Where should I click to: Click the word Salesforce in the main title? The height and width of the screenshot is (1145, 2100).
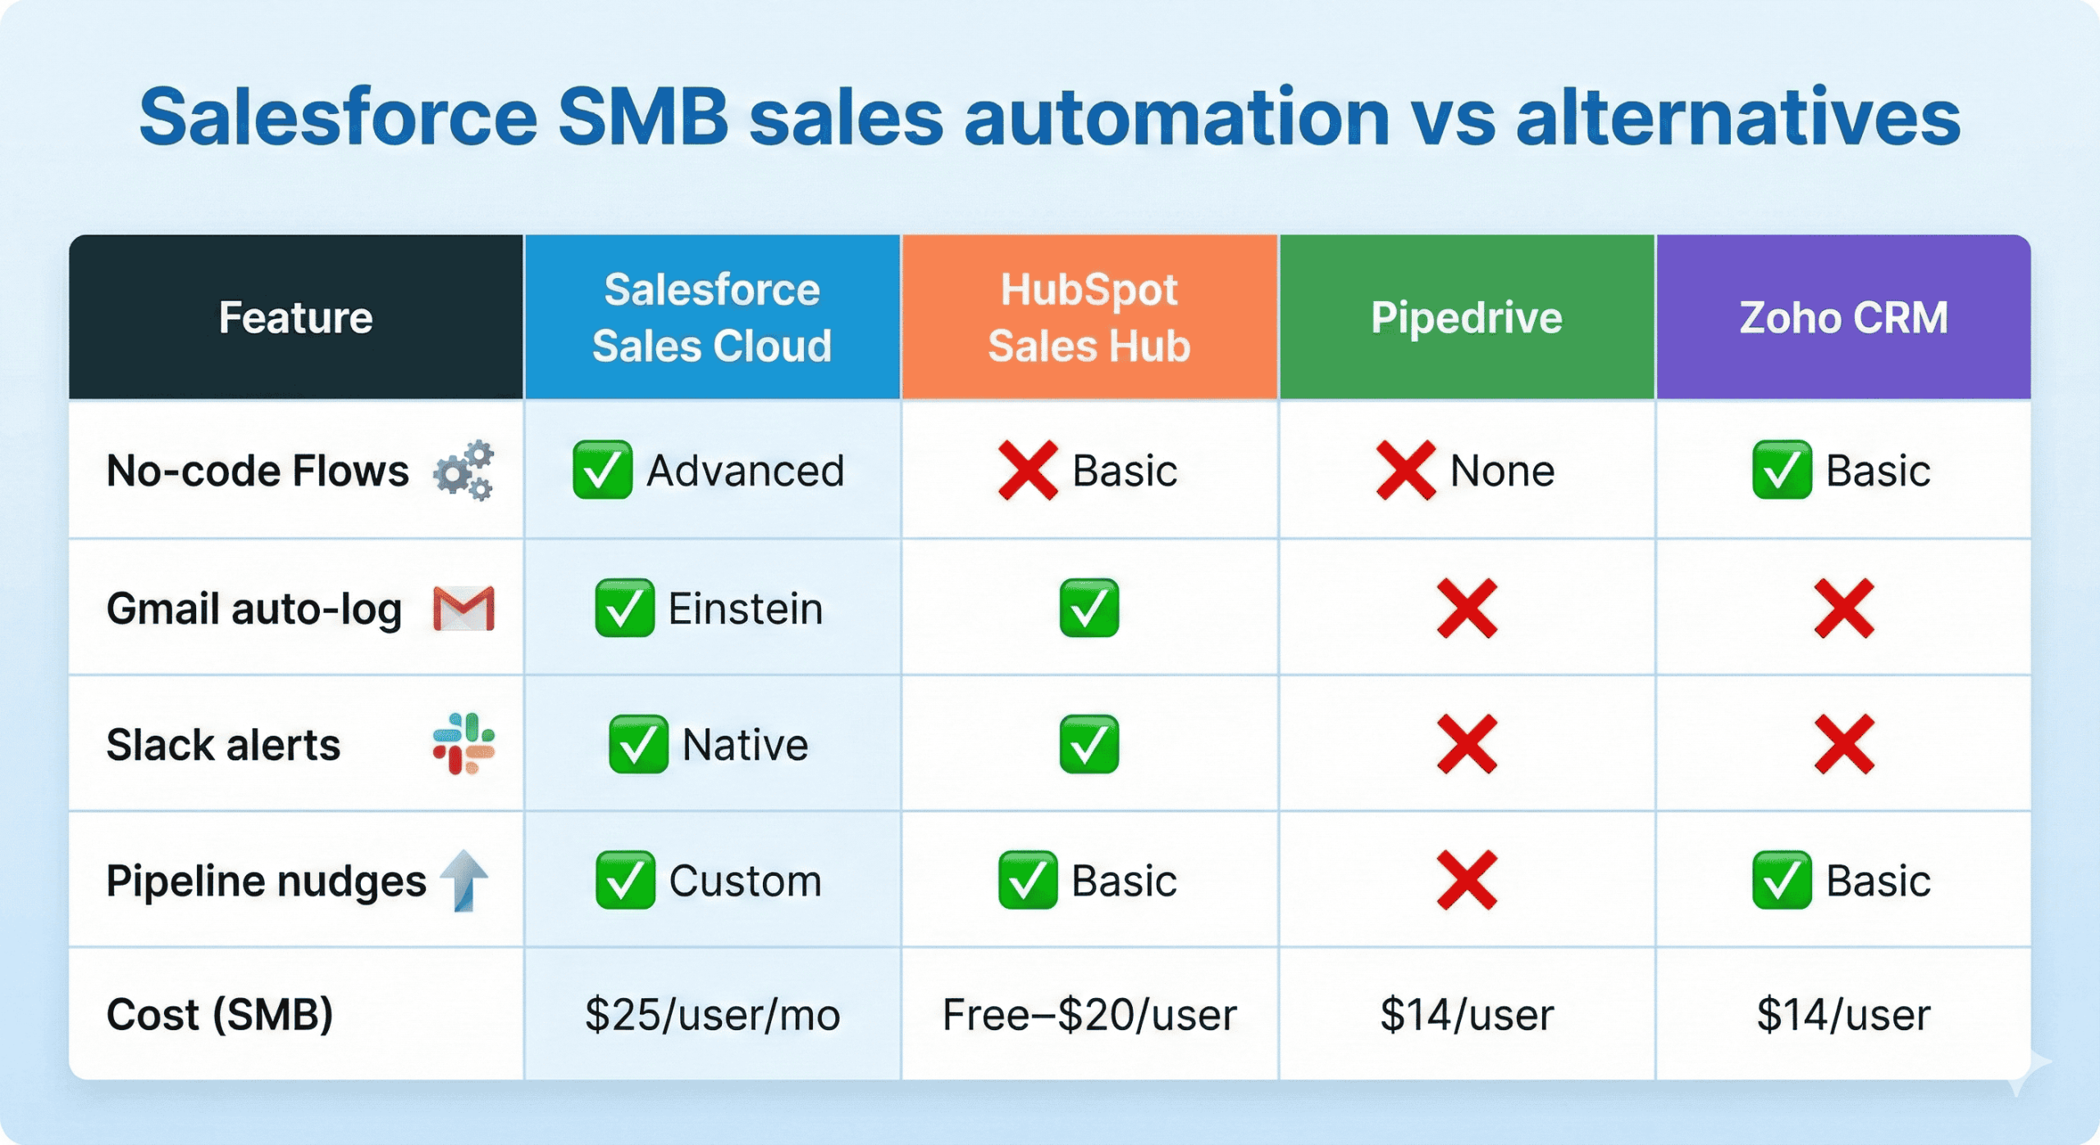coord(338,118)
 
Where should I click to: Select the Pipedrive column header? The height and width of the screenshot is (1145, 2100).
coord(1466,317)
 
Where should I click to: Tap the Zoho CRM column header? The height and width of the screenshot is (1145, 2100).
coord(1843,317)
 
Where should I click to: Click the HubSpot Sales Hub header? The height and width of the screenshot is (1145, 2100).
coord(1089,317)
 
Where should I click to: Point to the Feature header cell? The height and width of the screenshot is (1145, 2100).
coord(295,317)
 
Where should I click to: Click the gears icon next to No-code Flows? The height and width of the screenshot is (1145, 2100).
coord(465,471)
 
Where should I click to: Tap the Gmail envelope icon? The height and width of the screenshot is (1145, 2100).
coord(463,609)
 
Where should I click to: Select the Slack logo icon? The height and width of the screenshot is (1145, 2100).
coord(463,744)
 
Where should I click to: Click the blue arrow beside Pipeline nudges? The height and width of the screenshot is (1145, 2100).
coord(465,881)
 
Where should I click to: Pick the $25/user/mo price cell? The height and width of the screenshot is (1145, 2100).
coord(712,1015)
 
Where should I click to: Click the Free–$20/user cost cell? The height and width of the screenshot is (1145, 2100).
coord(1089,1015)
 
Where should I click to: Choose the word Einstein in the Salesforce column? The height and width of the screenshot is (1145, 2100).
coord(745,609)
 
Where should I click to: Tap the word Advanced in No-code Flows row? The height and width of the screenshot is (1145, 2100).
coord(745,471)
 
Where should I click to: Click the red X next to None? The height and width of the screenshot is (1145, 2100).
coord(1405,471)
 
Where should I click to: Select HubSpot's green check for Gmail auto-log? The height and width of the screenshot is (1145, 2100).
coord(1089,609)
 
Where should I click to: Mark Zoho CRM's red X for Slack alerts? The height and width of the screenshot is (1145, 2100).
coord(1843,745)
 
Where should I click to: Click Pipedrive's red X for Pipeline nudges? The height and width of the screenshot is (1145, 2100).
coord(1467,881)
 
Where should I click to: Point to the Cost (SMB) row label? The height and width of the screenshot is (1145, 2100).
coord(220,1015)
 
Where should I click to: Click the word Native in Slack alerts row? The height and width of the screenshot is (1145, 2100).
coord(745,745)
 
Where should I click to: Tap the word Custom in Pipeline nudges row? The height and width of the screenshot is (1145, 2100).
coord(745,881)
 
